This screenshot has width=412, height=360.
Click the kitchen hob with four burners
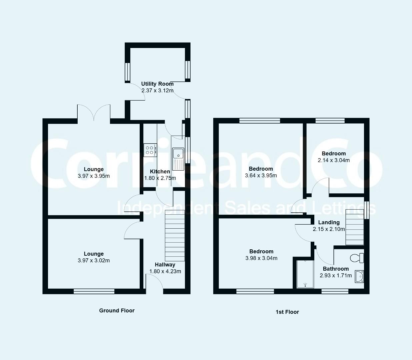click(150, 150)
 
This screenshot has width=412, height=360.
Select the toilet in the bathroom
click(357, 258)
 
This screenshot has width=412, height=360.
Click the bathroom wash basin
click(359, 276)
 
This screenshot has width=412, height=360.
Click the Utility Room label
click(157, 84)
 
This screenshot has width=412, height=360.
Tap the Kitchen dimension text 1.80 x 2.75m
click(160, 178)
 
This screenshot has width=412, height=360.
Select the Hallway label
click(165, 265)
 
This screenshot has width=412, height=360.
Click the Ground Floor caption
click(117, 310)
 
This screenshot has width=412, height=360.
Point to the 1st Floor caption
click(287, 312)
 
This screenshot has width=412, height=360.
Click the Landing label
click(329, 222)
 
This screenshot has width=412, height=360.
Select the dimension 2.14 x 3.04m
click(334, 160)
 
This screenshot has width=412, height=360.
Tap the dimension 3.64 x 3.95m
click(261, 175)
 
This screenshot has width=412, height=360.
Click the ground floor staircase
click(175, 235)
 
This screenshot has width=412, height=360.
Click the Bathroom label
click(336, 269)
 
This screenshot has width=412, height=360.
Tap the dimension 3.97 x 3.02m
click(94, 260)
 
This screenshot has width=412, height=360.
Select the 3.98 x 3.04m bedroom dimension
click(261, 258)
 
